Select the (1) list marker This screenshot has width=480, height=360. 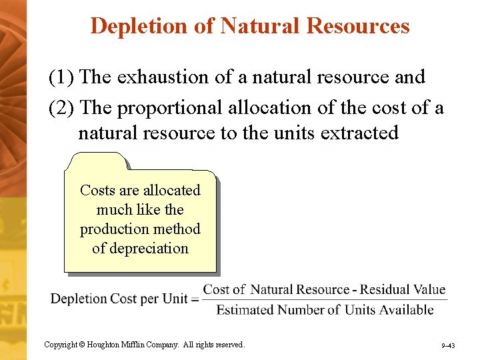pyautogui.click(x=61, y=77)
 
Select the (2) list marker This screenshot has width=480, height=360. pyautogui.click(x=61, y=108)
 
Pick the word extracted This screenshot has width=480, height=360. pyautogui.click(x=359, y=133)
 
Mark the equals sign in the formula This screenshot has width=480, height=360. pyautogui.click(x=195, y=299)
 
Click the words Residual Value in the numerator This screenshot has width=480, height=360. pyautogui.click(x=404, y=289)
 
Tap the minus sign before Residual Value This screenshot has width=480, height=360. pyautogui.click(x=355, y=290)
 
